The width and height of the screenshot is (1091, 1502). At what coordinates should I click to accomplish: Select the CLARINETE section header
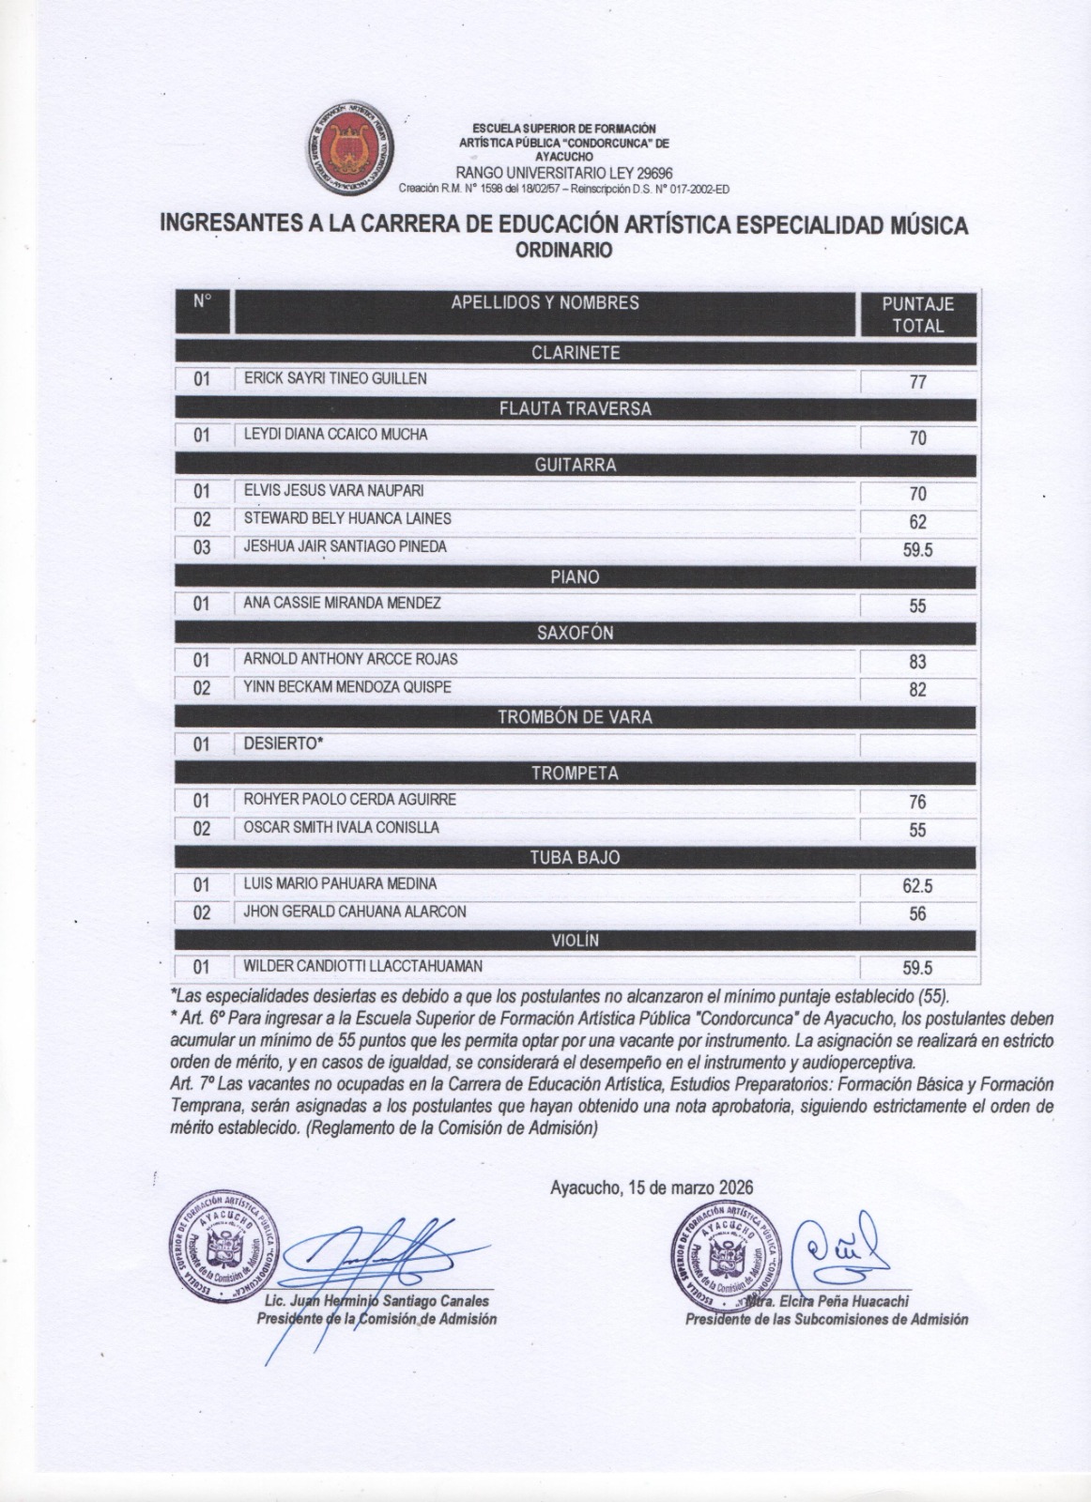(576, 353)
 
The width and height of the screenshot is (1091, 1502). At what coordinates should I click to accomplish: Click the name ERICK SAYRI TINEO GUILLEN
(335, 378)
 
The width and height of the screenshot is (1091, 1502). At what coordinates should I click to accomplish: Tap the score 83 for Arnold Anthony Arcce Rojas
(917, 662)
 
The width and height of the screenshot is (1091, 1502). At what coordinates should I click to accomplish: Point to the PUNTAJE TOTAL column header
(917, 314)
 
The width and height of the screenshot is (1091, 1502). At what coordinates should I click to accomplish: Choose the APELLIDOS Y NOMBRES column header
(545, 303)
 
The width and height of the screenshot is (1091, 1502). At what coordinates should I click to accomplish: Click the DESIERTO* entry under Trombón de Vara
(284, 743)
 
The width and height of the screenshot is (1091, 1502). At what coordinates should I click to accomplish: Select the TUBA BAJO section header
(576, 857)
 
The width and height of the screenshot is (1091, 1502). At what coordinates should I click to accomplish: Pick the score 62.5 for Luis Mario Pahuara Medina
(917, 886)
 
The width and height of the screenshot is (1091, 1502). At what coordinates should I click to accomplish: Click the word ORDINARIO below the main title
(564, 251)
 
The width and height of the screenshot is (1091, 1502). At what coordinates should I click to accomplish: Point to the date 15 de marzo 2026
(652, 1188)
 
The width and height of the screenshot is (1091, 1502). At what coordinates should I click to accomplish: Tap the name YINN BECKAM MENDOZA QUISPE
(347, 687)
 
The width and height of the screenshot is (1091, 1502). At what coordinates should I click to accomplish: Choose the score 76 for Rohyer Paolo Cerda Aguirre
(917, 802)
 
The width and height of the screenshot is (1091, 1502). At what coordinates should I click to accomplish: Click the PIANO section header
(576, 577)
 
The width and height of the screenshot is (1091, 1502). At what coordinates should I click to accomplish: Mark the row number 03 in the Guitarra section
(202, 548)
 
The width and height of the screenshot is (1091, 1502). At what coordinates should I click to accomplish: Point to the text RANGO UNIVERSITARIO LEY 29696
(563, 173)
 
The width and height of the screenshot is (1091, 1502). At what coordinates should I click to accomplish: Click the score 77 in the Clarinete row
(917, 382)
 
